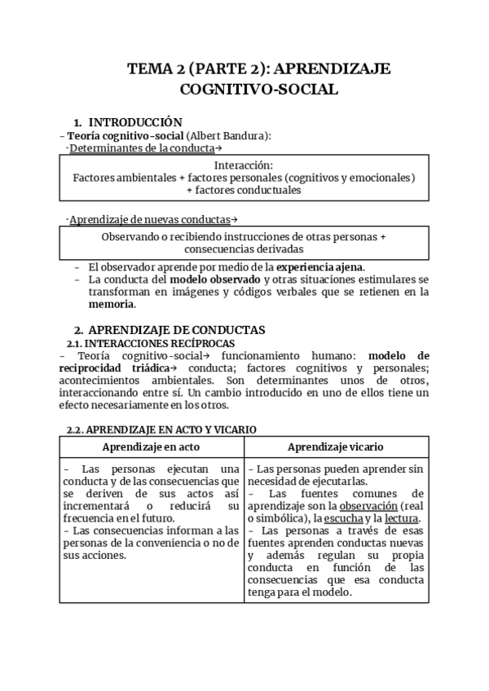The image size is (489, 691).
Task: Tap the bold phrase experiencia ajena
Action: (x=320, y=266)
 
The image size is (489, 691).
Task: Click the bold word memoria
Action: (x=110, y=305)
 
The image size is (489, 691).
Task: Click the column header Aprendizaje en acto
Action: (x=152, y=447)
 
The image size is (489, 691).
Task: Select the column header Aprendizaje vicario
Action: (x=336, y=447)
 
